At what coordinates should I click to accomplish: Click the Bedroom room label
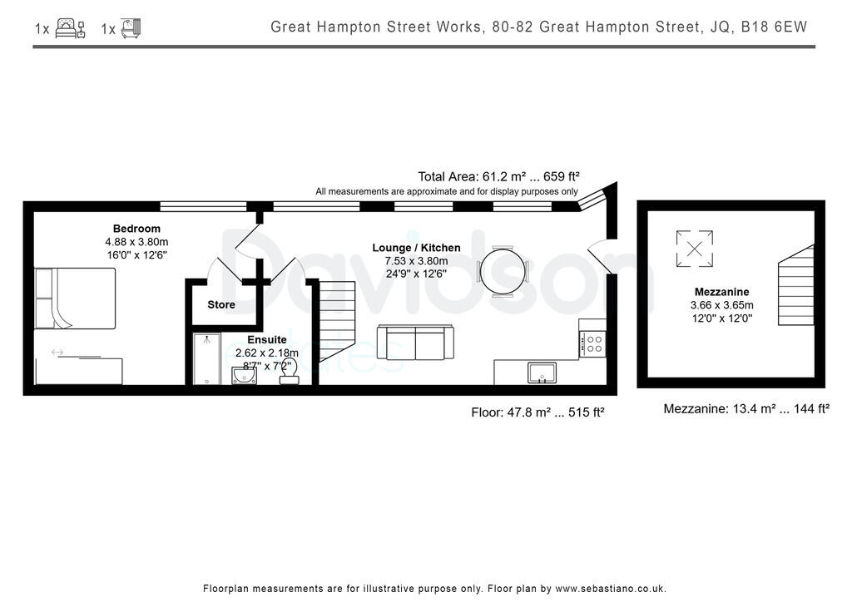click(x=136, y=229)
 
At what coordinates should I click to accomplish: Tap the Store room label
click(x=221, y=305)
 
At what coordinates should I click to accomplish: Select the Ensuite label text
click(x=266, y=340)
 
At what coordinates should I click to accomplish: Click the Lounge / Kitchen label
click(x=416, y=248)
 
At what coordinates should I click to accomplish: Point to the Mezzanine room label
click(x=721, y=292)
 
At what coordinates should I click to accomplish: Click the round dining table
click(x=503, y=271)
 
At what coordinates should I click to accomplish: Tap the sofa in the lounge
click(x=415, y=342)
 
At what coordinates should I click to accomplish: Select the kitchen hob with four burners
click(x=592, y=343)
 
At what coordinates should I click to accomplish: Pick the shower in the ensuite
click(x=206, y=359)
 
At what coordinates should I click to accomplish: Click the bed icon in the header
click(x=71, y=29)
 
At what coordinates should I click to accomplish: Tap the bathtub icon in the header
click(x=131, y=29)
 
